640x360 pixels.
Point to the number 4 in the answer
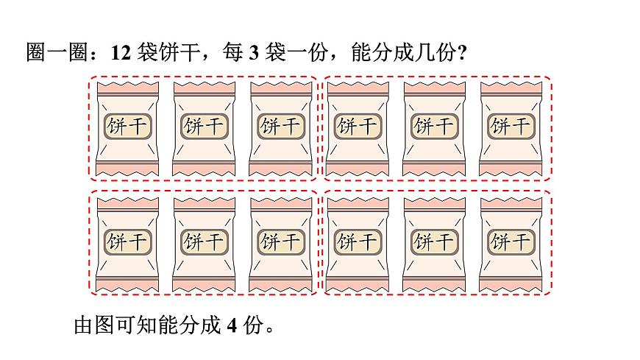[230, 325]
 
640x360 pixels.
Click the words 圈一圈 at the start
[48, 54]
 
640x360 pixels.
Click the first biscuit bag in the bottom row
[127, 243]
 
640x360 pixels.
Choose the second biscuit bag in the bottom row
[204, 243]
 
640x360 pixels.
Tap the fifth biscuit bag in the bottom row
[434, 243]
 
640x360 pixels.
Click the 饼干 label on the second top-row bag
[204, 127]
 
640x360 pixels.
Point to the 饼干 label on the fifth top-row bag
[434, 127]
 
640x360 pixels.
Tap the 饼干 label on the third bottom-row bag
[280, 241]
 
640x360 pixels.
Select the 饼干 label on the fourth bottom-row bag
[357, 241]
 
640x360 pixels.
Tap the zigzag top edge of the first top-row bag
[127, 85]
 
